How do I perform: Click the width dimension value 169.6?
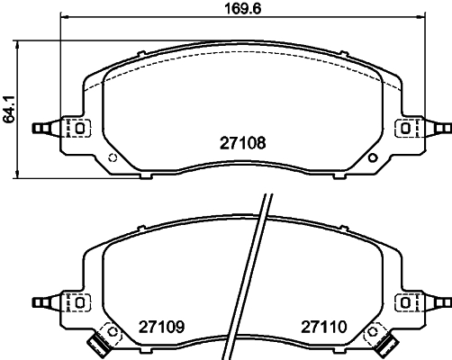(x=243, y=8)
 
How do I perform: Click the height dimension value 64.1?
(x=8, y=110)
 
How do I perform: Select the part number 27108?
(x=243, y=143)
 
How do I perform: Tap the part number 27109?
(x=161, y=327)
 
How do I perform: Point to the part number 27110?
(x=324, y=327)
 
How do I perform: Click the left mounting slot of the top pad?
(x=80, y=129)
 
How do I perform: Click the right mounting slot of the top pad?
(x=405, y=129)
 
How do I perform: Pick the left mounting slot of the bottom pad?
(x=80, y=302)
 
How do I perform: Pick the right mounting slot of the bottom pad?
(x=405, y=302)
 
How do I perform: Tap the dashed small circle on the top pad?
(x=113, y=157)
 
